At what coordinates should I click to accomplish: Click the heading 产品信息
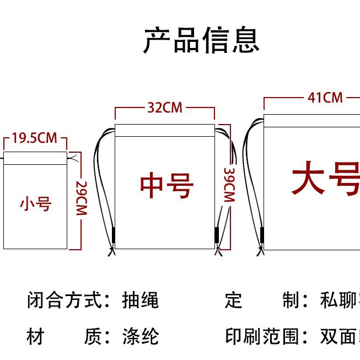click(201, 40)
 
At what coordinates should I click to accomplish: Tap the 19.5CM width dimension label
click(34, 138)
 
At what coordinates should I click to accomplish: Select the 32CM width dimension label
click(164, 108)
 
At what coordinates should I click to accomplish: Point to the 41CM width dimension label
click(325, 98)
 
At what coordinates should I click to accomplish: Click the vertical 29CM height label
click(82, 198)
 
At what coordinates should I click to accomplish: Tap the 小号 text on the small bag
click(35, 204)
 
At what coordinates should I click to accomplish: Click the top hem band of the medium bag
click(164, 131)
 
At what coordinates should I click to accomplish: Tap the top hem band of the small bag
click(35, 158)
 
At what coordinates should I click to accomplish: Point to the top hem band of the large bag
click(311, 121)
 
